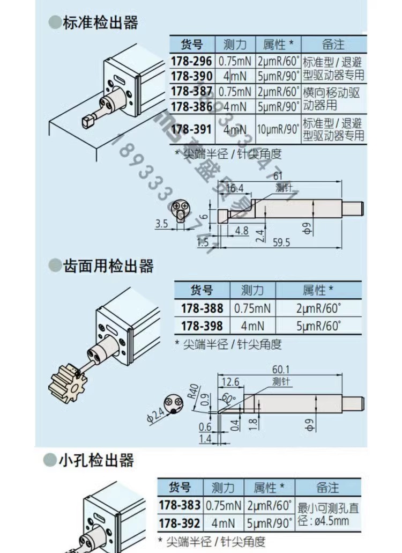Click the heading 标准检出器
[100, 23]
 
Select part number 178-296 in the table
[191, 62]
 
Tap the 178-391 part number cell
[191, 129]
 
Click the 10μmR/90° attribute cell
[278, 129]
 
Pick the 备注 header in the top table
[333, 44]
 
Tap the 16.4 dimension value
[234, 188]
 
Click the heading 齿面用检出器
[108, 266]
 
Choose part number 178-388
[202, 308]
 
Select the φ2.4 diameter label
[156, 415]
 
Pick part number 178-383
[180, 505]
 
